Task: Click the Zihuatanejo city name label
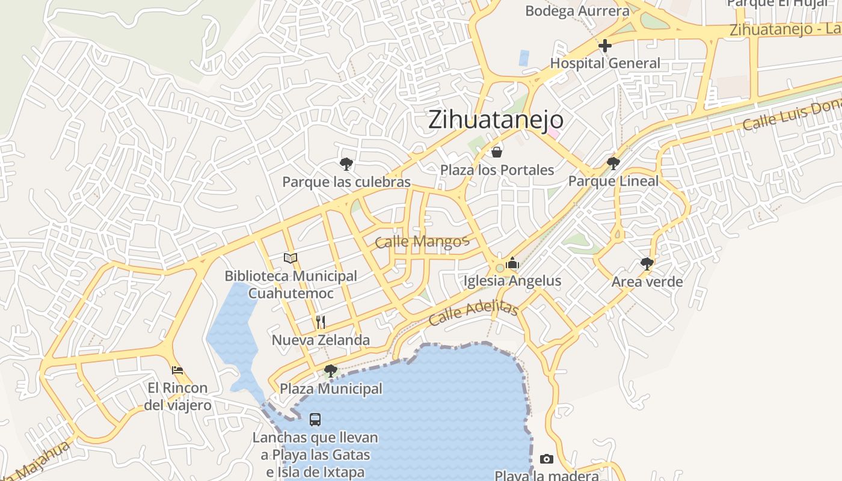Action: [x=496, y=120]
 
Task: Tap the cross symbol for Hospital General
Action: [x=604, y=46]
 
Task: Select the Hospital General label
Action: [x=604, y=63]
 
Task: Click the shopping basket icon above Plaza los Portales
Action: [x=497, y=152]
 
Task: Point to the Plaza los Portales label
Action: [x=497, y=170]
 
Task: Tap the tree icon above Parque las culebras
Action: [x=346, y=164]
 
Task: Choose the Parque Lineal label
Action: [x=613, y=181]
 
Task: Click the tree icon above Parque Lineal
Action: [x=613, y=163]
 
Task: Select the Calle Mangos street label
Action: [x=421, y=242]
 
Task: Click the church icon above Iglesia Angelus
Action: [x=512, y=263]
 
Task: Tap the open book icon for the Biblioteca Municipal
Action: [x=290, y=258]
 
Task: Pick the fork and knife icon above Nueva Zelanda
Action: [x=321, y=322]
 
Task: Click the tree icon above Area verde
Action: [x=647, y=263]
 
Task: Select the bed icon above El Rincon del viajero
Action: [x=177, y=370]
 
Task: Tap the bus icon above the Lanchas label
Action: [x=315, y=420]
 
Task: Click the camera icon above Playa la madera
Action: [x=546, y=459]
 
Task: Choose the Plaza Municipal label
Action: [x=331, y=389]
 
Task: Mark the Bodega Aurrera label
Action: [x=577, y=11]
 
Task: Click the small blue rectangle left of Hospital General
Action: [x=524, y=58]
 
